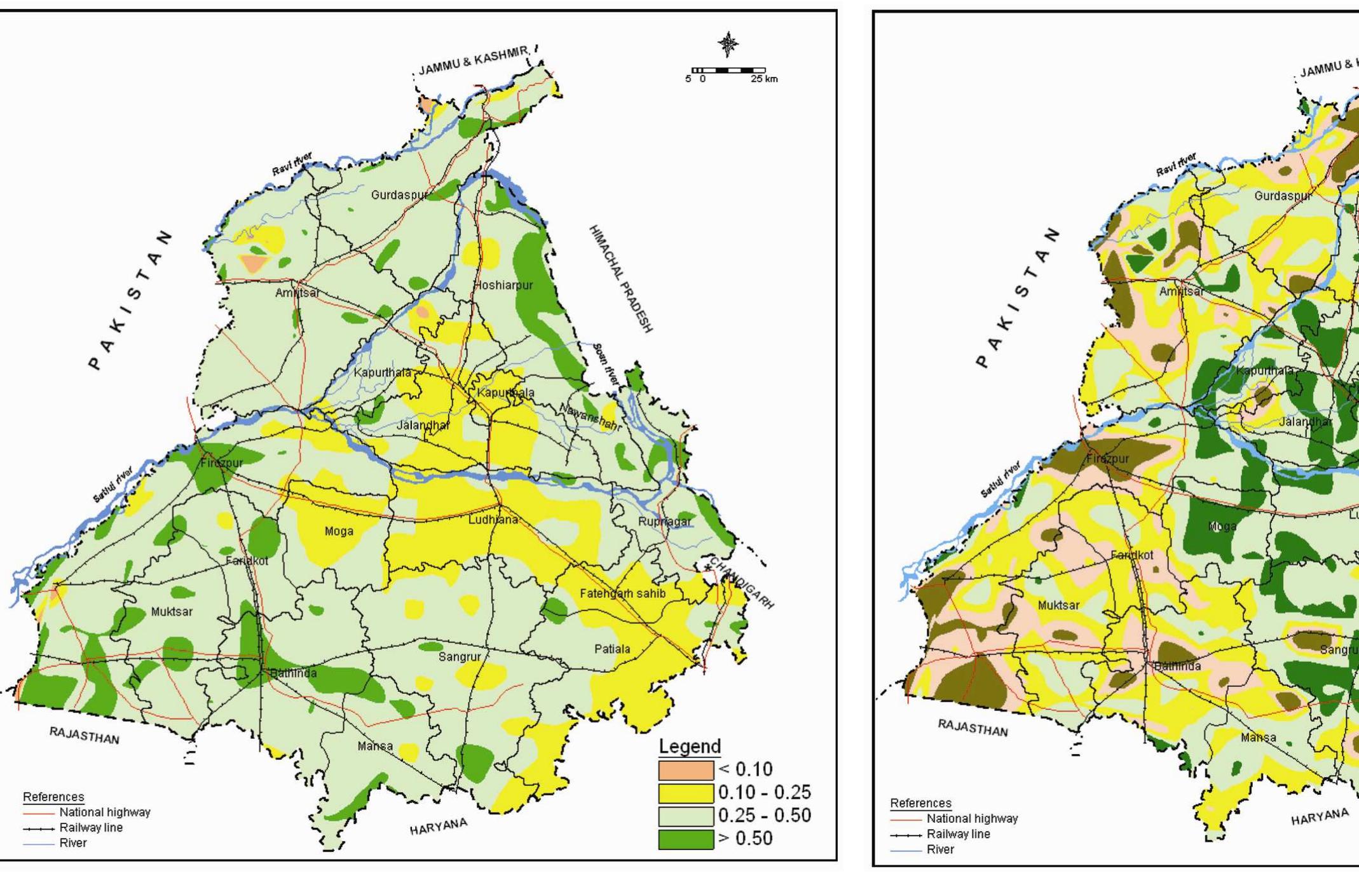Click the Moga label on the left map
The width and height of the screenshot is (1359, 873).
coord(339,531)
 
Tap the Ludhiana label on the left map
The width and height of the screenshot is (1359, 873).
coord(493,520)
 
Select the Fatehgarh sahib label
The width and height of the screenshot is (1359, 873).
coord(622,593)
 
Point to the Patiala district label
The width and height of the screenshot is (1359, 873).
coord(612,649)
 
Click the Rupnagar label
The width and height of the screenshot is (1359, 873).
coord(664,522)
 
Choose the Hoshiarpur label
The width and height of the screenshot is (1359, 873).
coord(503,285)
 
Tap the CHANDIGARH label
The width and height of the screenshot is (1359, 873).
coord(741,583)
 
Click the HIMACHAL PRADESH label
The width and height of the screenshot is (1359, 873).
coord(620,278)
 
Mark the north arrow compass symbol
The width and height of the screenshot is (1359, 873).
coord(728,44)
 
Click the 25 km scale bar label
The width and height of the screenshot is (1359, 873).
coord(763,79)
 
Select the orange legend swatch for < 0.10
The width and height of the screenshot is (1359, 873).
coord(685,770)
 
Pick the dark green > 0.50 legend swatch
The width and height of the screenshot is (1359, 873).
coord(685,839)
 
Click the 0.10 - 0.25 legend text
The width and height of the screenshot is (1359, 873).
coord(764,792)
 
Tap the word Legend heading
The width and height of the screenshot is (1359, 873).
coord(690,746)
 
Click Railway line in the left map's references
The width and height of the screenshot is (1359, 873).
coord(91,827)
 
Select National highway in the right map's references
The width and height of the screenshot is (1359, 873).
coord(972,818)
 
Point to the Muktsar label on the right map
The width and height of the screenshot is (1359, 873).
coord(1058,606)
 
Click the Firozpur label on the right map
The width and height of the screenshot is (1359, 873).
coord(1107,458)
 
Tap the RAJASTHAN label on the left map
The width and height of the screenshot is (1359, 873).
coord(84,735)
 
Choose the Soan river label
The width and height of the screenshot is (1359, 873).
coord(606,364)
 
